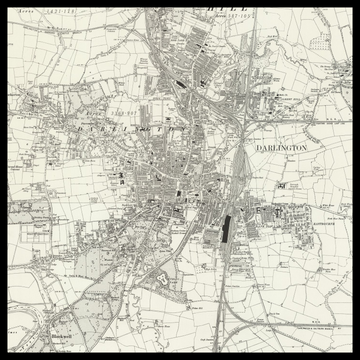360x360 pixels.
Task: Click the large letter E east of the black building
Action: [262, 213]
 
